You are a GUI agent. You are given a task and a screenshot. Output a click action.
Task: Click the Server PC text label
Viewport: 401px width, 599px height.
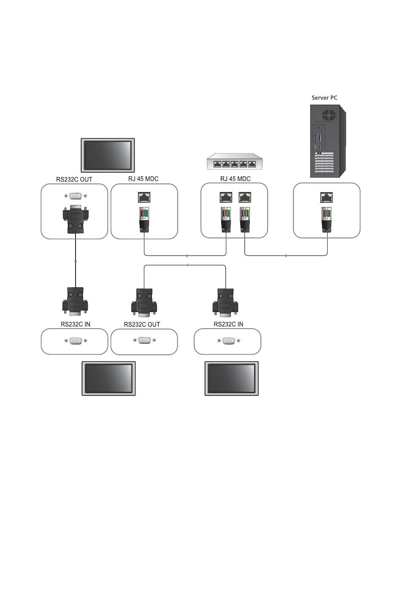point(324,98)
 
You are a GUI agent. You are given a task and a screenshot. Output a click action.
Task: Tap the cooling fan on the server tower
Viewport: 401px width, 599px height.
point(329,116)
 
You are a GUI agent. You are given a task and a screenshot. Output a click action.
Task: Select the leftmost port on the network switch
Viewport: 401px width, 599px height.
point(217,164)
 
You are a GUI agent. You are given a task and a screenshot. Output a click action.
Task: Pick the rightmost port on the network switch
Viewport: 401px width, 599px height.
point(252,164)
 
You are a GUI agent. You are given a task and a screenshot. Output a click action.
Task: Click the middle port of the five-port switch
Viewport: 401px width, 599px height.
point(235,164)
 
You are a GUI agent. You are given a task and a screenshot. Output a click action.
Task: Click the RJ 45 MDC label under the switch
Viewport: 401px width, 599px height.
point(235,178)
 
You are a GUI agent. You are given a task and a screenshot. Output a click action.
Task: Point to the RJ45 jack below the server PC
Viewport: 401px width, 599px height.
point(326,197)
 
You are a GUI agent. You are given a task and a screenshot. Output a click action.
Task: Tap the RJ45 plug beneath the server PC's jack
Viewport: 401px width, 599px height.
point(326,219)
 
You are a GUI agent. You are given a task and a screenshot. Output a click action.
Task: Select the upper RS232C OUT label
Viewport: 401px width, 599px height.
point(74,179)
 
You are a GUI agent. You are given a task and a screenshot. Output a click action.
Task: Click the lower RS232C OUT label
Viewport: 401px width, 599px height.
point(142,324)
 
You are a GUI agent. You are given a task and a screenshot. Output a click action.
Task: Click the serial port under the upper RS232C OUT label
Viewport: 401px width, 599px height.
point(76,196)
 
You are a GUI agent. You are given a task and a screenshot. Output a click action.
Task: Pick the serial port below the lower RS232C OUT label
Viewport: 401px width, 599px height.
point(144,340)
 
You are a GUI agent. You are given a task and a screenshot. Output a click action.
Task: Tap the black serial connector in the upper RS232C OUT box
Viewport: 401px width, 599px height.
point(76,219)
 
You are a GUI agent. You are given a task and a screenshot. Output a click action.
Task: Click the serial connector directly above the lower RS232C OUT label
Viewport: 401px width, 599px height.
point(144,302)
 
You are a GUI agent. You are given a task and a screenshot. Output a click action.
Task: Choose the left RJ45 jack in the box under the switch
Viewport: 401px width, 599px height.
point(226,197)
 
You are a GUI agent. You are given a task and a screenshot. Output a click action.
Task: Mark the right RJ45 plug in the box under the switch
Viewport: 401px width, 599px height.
point(244,219)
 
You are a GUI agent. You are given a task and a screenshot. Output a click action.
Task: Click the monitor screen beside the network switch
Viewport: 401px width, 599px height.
point(108,155)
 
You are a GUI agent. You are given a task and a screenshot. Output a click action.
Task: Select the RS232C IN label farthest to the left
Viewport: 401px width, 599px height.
point(76,324)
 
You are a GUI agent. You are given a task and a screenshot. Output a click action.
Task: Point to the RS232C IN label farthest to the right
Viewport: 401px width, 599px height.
point(228,324)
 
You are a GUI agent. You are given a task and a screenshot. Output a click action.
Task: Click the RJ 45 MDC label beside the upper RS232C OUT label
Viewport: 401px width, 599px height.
point(144,178)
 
